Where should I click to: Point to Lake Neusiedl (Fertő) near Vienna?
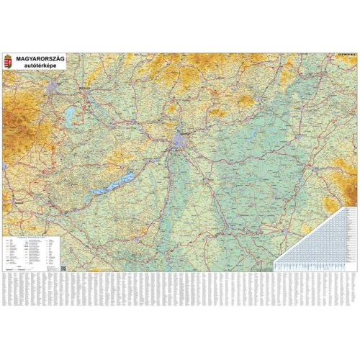point(69,115)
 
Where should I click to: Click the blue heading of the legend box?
point(29,234)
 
